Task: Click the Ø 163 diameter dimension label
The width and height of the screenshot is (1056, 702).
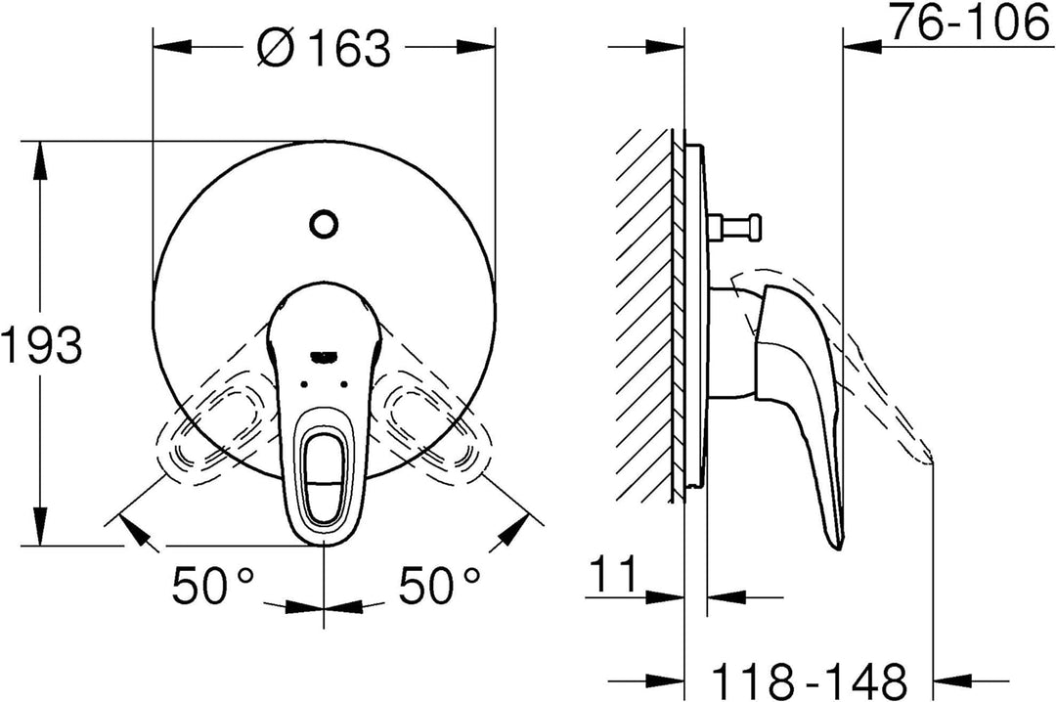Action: click(x=324, y=48)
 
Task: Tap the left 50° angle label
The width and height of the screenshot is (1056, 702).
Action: click(x=213, y=585)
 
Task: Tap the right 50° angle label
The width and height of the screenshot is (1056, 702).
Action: click(x=440, y=585)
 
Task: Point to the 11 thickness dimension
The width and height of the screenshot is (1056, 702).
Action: click(x=613, y=574)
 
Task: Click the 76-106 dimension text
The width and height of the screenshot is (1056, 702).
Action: click(x=970, y=22)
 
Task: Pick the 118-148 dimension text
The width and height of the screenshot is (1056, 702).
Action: click(x=809, y=680)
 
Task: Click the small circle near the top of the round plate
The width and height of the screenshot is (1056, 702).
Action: click(x=324, y=223)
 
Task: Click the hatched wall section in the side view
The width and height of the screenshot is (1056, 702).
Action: click(x=645, y=314)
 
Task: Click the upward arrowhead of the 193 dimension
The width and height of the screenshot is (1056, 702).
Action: click(x=42, y=161)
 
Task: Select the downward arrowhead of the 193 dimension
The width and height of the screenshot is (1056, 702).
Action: click(x=42, y=525)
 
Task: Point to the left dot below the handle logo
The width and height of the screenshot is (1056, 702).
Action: click(x=304, y=384)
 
